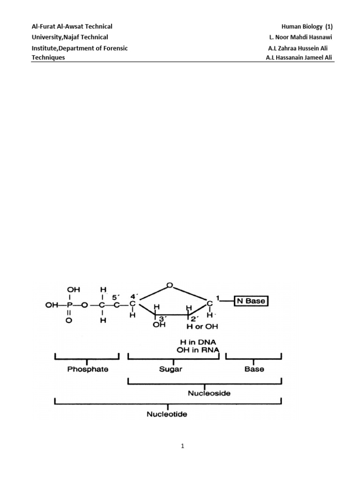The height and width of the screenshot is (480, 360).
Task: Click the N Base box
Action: [251, 301]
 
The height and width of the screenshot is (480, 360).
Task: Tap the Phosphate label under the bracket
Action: [88, 369]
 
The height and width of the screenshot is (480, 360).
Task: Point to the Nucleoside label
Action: [209, 393]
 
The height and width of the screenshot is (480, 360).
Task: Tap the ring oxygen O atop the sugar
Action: [169, 285]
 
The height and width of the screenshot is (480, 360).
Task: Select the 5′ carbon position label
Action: [116, 296]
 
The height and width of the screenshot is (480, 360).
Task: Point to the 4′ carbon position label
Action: [134, 296]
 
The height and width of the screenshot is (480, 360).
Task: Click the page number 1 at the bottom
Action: [182, 447]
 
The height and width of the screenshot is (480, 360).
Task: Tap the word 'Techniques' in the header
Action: [48, 58]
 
